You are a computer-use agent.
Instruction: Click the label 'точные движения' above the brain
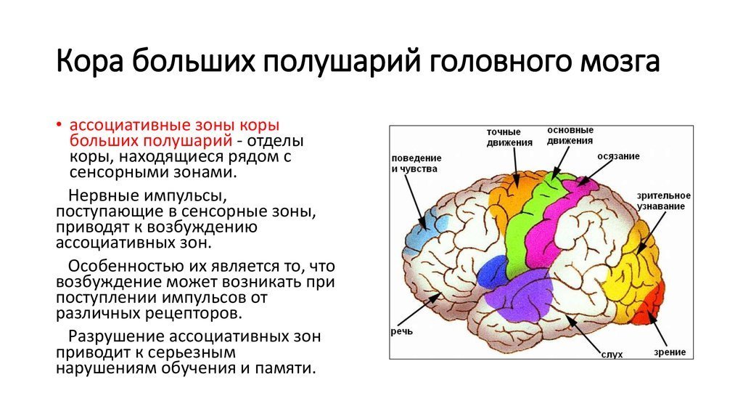click(509, 137)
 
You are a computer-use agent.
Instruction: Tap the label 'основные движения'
click(570, 136)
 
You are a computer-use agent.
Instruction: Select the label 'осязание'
click(618, 156)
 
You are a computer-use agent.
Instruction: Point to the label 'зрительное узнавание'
click(663, 201)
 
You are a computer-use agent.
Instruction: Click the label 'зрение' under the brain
click(670, 352)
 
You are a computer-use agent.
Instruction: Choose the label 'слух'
click(612, 355)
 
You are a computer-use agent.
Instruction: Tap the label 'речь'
click(402, 331)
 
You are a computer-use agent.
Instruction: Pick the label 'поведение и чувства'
click(416, 163)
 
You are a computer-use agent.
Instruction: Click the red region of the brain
click(650, 304)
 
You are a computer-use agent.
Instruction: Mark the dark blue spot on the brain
click(492, 272)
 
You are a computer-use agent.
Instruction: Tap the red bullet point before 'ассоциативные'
click(59, 125)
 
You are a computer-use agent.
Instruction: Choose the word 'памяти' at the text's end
click(285, 368)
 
